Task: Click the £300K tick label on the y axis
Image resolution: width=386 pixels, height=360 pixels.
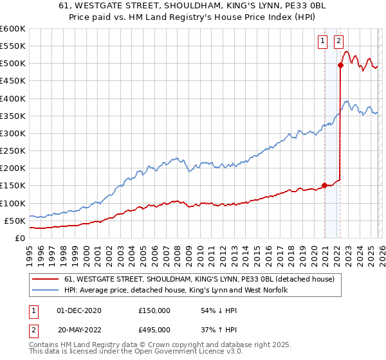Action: click(x=12, y=134)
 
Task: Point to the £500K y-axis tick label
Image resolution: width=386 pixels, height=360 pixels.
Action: click(x=12, y=64)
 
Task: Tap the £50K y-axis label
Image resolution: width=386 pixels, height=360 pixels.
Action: click(x=15, y=221)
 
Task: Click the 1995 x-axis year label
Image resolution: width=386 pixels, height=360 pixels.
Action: click(x=30, y=251)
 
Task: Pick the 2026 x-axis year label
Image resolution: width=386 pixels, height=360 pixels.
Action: click(x=381, y=251)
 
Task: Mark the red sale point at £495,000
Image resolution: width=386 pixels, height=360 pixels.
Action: click(x=340, y=65)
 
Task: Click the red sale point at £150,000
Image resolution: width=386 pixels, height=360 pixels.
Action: click(x=324, y=185)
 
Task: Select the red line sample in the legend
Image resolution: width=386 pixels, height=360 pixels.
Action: click(x=46, y=280)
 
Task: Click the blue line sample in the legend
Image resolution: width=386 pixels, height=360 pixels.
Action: click(x=46, y=291)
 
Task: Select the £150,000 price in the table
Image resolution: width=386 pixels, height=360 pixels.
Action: click(x=154, y=310)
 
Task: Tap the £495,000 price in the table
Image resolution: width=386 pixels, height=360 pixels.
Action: click(x=154, y=331)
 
